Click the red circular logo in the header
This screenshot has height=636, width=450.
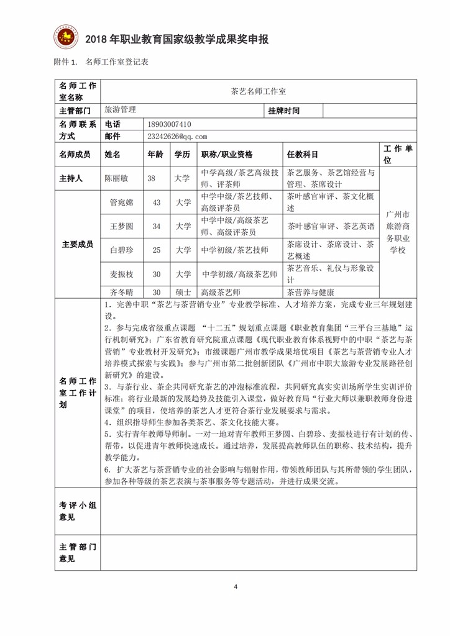(x=64, y=39)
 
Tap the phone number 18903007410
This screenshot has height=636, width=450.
(x=170, y=124)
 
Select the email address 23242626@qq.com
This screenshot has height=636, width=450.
(x=177, y=136)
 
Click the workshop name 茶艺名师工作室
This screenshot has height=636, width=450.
(x=258, y=91)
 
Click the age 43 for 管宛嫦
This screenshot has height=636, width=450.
(x=157, y=202)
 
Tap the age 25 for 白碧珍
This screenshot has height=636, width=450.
(x=157, y=250)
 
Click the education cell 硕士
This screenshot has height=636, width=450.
(x=182, y=292)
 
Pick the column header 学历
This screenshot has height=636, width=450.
(x=182, y=154)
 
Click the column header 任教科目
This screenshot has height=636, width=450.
(x=303, y=154)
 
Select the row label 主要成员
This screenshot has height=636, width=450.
(x=77, y=244)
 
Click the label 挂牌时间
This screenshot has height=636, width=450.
(x=284, y=111)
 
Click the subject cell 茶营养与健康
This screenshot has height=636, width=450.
(x=310, y=292)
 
